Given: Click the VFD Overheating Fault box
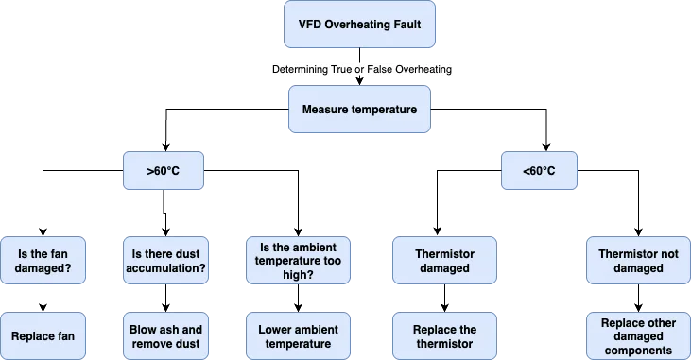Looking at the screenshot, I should tap(359, 24).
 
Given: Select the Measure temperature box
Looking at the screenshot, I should tap(359, 110).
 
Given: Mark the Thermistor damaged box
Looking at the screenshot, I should tap(443, 261).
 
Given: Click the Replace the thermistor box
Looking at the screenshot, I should tap(443, 335).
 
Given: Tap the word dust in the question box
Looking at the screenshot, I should tap(186, 253).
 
